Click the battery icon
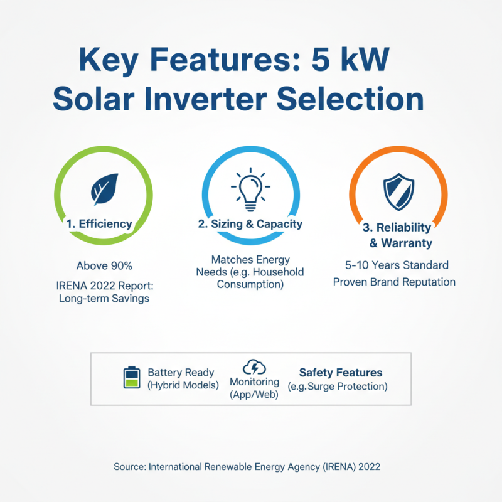point(132,378)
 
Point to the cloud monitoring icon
point(254,366)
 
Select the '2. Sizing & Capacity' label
point(250,223)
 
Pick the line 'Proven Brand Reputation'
point(394,282)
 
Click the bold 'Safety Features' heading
point(341,373)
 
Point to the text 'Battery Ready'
point(181,373)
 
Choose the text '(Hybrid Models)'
point(183,385)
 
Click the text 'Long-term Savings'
point(104,299)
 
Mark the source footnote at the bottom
point(247,467)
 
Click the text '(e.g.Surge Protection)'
point(338,387)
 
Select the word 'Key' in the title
point(105,61)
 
